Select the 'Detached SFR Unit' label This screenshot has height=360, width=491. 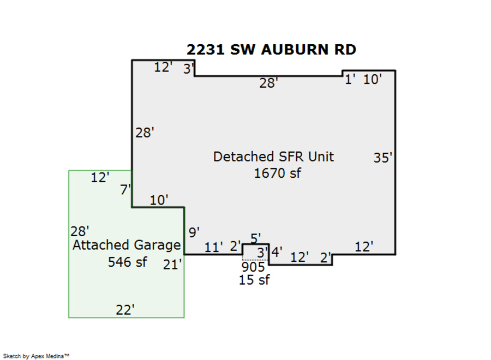273,157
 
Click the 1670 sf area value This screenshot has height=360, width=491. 278,173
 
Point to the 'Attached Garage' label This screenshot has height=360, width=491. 127,245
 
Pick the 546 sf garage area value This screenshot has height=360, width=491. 127,262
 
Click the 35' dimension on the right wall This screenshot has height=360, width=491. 383,158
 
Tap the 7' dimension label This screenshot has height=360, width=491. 125,190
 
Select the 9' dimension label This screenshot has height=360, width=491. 194,232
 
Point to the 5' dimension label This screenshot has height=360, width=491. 255,238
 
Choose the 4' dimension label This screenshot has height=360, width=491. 277,252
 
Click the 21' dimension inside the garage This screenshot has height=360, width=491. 172,265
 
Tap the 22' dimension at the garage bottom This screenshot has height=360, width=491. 125,310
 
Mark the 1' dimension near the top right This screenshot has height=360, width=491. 350,79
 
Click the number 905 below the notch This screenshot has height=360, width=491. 253,267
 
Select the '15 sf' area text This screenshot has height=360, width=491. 254,280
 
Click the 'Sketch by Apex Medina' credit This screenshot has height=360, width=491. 38,356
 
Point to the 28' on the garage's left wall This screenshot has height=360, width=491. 80,231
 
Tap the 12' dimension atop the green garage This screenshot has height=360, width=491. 100,177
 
